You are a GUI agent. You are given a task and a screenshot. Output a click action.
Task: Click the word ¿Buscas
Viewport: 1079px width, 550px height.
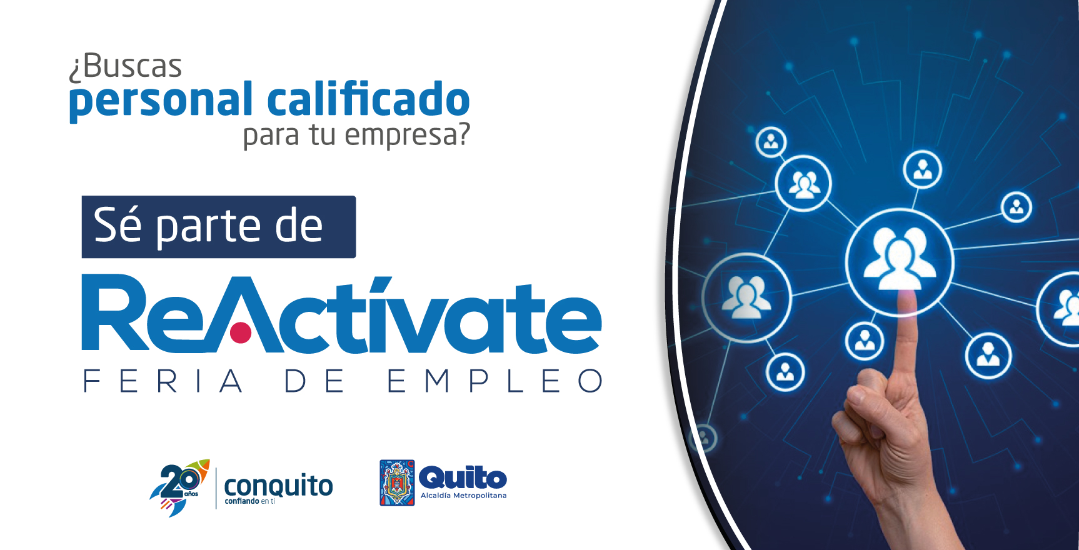coord(125,66)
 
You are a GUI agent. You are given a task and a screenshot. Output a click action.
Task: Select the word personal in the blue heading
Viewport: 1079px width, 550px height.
coord(161,101)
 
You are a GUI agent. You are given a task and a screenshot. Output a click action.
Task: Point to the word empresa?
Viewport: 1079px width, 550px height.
coord(407,134)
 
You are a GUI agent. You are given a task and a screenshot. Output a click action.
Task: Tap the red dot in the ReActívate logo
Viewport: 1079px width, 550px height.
coord(241,333)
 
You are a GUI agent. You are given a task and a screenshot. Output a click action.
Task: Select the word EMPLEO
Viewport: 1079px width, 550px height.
coord(494,381)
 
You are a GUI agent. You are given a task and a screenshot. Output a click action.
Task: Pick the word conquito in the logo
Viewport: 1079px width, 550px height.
coord(278,485)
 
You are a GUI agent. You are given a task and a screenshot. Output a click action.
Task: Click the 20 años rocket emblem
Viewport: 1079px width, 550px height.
coord(179,487)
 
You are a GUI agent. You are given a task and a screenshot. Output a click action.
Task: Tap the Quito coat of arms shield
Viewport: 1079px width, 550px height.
coord(397,482)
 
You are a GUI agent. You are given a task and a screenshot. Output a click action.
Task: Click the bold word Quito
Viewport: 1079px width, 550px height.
coord(463,477)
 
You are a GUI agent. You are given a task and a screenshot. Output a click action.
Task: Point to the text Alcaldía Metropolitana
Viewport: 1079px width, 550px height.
coord(463,496)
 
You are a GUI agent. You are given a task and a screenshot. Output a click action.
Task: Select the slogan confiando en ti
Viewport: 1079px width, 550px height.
coord(249,501)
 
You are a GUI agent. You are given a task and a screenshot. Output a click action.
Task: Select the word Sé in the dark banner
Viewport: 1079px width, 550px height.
coord(118,225)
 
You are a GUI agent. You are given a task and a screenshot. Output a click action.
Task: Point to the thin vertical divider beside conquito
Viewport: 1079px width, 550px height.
coord(216,488)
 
